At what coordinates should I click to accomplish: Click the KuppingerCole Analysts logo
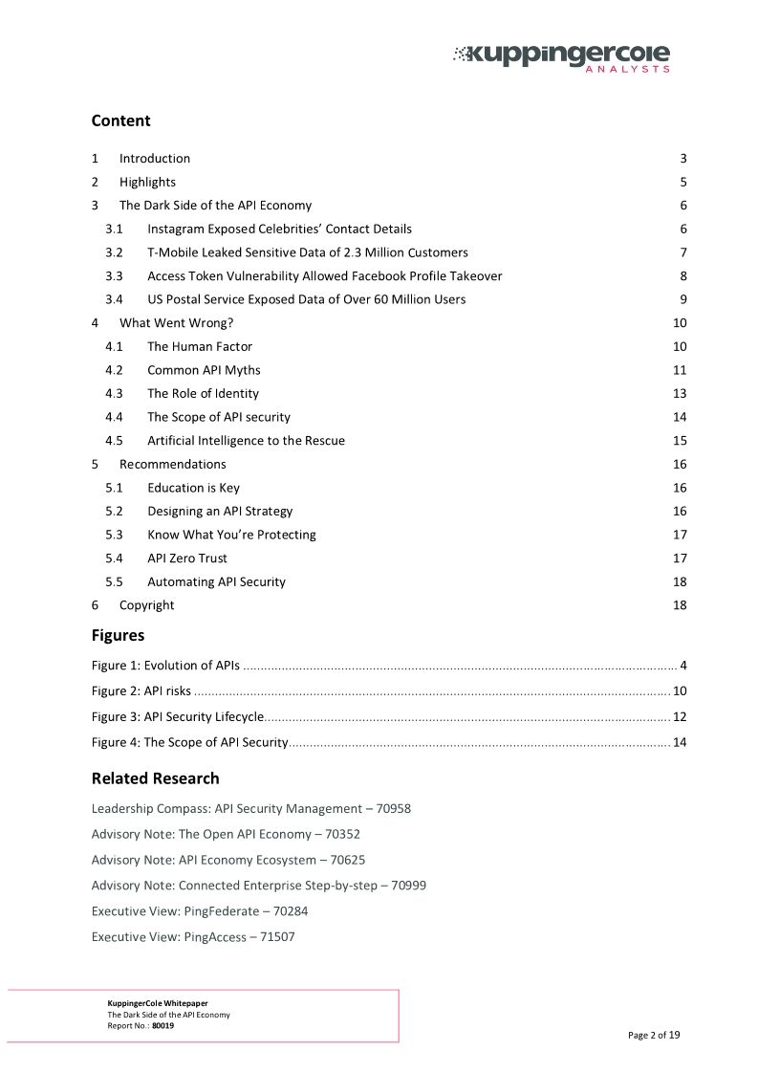561,56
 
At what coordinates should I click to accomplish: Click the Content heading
120,120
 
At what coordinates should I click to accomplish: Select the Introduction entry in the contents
155,159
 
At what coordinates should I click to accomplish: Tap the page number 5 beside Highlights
683,182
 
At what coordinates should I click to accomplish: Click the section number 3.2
114,252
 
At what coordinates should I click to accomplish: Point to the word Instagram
178,230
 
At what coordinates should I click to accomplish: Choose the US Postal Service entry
306,299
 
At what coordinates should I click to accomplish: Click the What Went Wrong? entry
176,323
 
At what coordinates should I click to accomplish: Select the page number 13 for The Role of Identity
680,394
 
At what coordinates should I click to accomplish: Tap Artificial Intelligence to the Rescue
246,441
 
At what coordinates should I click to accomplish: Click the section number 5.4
114,558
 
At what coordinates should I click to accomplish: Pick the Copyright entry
146,605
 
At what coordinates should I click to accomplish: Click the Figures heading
118,635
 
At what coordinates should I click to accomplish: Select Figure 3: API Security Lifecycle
177,717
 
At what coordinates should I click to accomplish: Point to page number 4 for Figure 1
683,666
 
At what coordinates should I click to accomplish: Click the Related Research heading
155,778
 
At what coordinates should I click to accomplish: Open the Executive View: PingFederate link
199,911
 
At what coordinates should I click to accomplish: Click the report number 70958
393,809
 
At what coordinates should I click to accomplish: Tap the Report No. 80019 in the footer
141,1025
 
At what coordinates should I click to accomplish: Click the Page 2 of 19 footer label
654,1035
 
